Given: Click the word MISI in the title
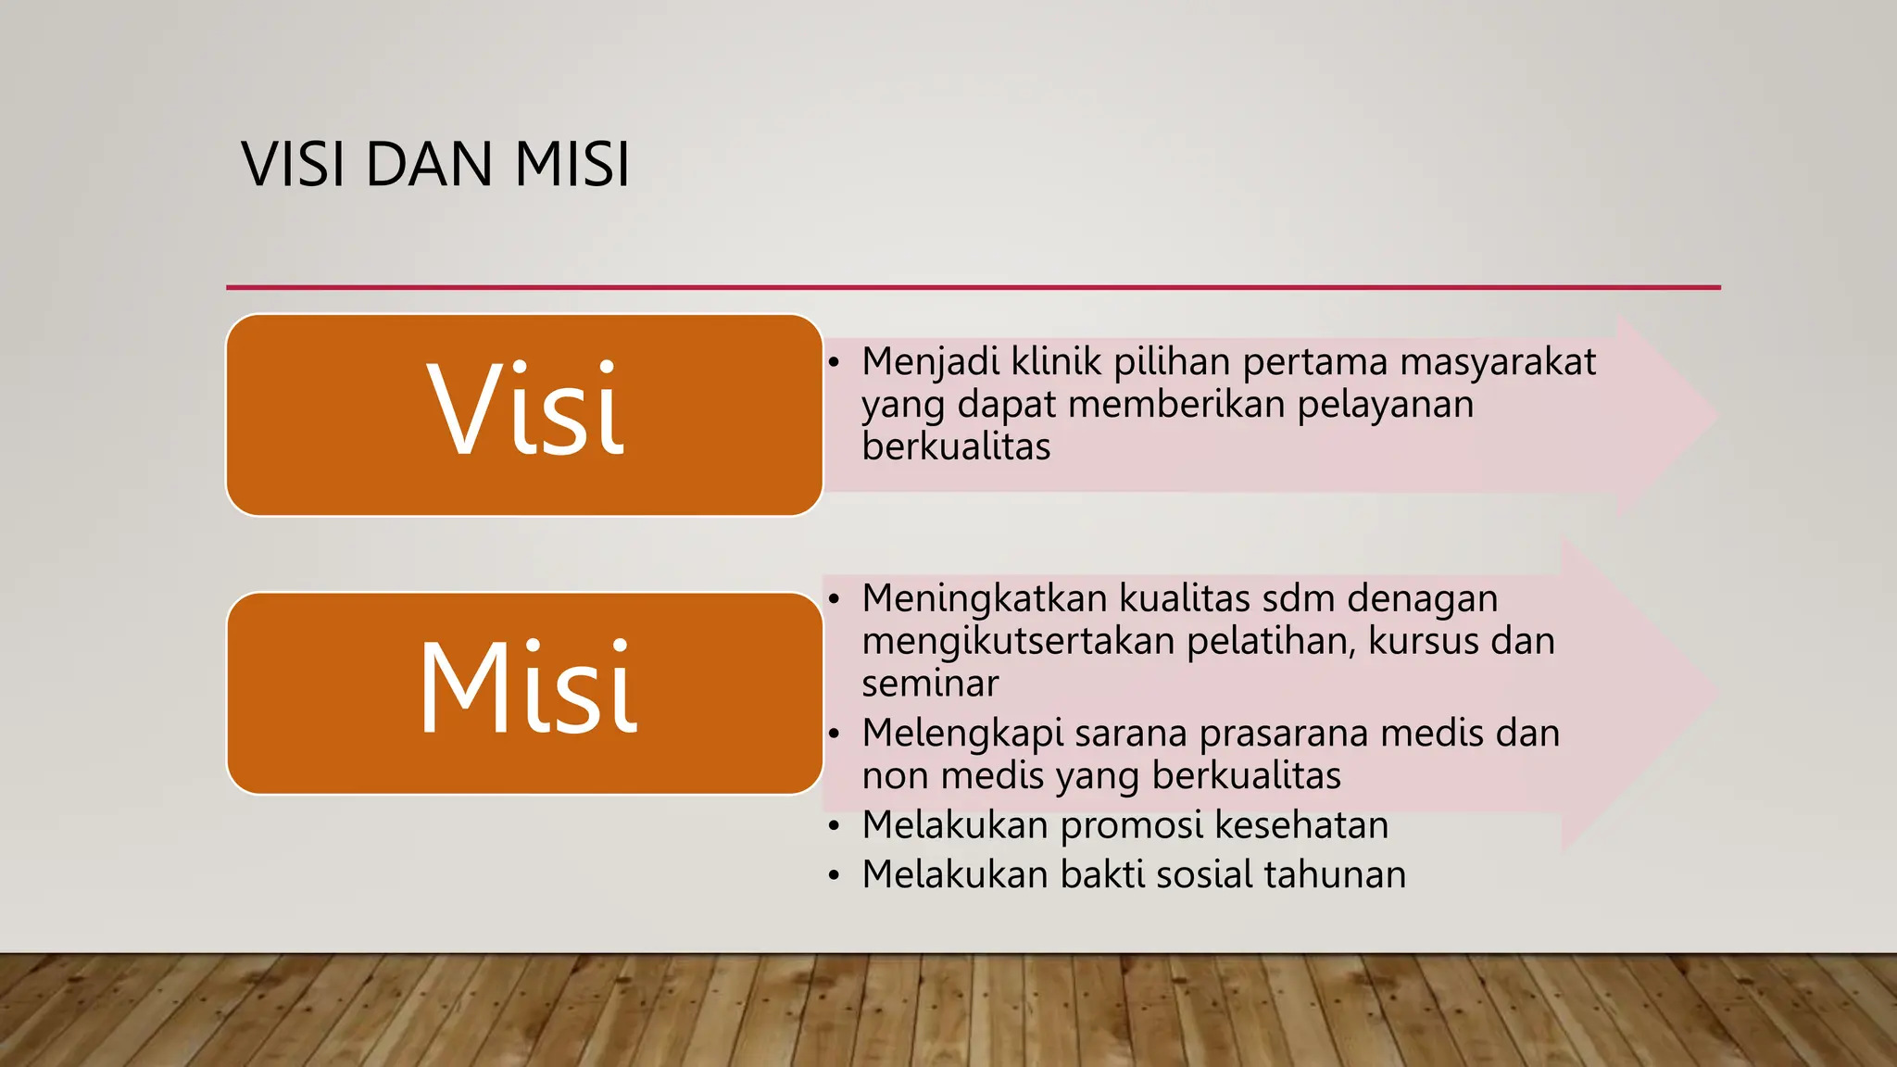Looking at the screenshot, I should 572,165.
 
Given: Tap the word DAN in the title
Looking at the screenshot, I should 429,165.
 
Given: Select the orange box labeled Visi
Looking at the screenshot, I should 524,415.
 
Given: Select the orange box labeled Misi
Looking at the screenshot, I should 524,693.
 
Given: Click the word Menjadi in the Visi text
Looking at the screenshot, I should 930,362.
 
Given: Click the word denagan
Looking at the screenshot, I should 1422,599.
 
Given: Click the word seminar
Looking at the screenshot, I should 930,684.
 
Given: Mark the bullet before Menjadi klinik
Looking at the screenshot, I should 834,362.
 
